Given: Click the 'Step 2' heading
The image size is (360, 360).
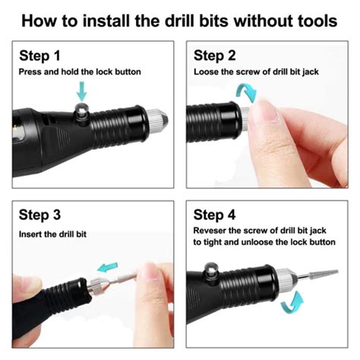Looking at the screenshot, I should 216,55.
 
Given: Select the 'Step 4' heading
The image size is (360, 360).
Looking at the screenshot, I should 216,215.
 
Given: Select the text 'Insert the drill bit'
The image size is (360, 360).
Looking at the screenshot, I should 53,234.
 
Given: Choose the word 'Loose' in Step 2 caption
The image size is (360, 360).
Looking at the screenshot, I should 207,71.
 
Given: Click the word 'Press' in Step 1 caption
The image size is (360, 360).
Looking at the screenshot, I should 31,71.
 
